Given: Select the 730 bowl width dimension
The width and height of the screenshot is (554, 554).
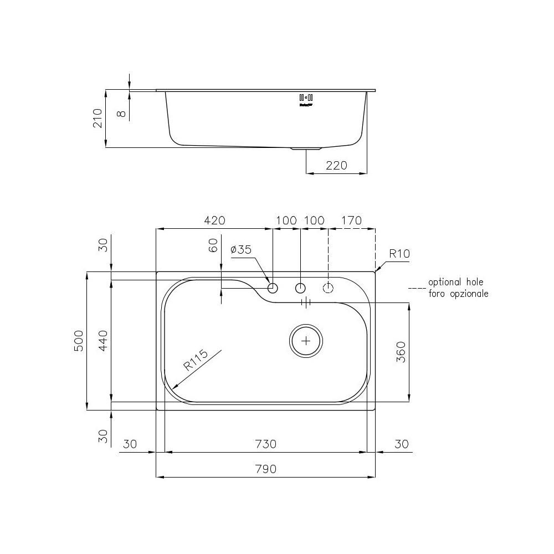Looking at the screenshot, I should pos(265,444).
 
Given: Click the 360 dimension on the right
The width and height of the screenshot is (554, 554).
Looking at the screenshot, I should pos(402,352).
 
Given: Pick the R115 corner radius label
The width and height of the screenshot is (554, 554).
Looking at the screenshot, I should pos(195,361).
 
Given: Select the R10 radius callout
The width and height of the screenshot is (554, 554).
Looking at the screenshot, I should pos(399,254).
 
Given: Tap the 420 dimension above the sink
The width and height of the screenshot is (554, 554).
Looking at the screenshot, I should pos(215,220).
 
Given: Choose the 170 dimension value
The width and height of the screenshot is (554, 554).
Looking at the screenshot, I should pos(351,220).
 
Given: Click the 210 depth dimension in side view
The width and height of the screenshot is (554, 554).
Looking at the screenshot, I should pos(98,118).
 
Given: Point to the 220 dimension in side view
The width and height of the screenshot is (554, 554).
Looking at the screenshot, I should pos(336,166).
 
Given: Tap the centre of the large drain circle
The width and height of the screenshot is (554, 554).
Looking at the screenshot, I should pos(306,341).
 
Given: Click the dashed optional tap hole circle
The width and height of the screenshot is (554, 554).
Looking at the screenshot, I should pos(329,288).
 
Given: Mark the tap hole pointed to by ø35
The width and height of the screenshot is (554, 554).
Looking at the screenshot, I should pos(273,288).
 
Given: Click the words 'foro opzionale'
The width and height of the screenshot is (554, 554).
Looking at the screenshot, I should pos(458,294).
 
